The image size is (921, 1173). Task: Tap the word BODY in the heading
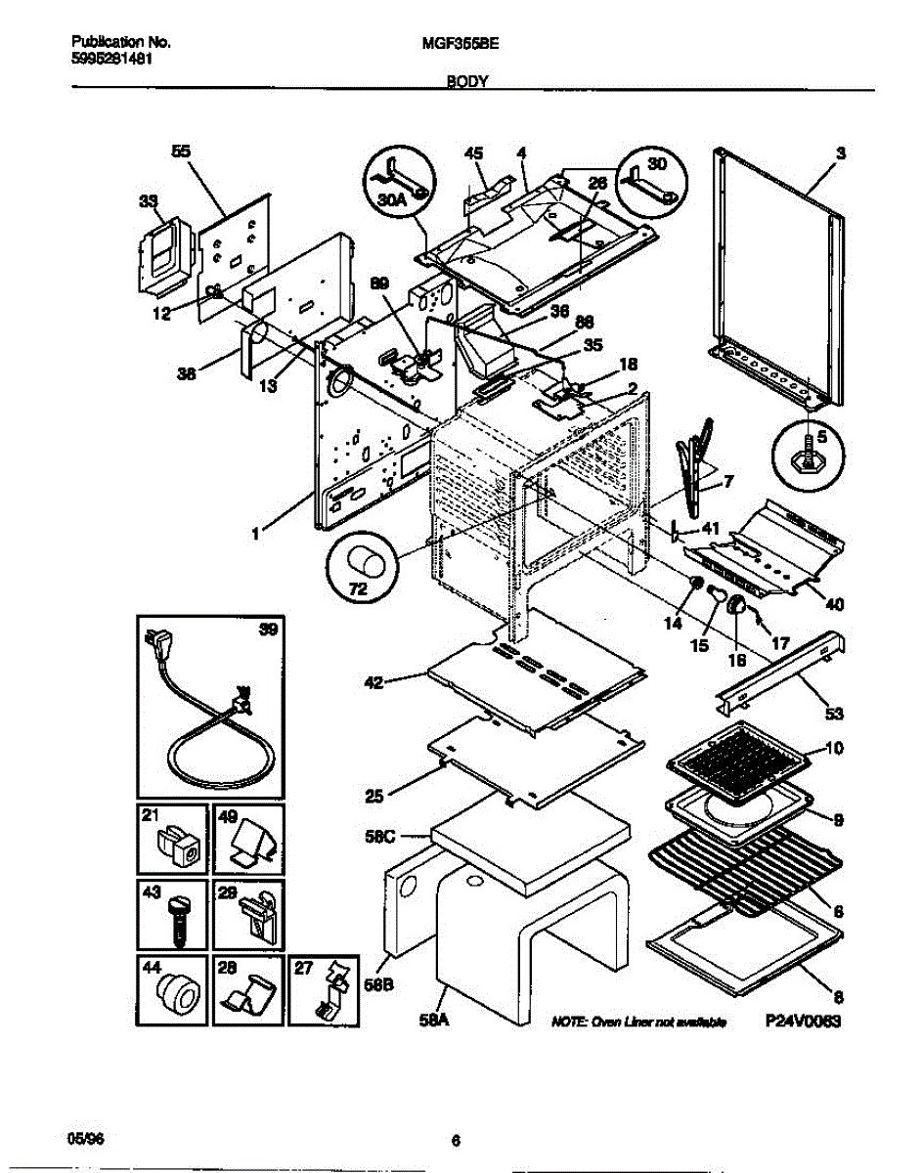467,84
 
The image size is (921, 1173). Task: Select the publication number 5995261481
111,58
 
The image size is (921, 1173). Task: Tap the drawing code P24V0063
803,1021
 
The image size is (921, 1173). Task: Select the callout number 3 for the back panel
840,153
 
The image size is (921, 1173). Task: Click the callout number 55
181,152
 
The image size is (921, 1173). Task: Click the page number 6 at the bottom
456,1140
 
